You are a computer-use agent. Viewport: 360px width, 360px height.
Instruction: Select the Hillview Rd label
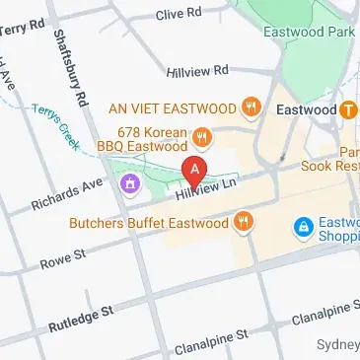(x=197, y=71)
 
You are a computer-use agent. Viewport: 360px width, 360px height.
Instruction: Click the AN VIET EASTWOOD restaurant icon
(x=254, y=108)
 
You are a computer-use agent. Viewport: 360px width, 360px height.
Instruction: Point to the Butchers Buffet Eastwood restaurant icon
(x=243, y=223)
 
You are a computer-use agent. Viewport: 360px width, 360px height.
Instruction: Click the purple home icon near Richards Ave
(x=130, y=183)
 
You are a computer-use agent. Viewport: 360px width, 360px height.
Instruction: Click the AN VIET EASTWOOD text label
(x=173, y=108)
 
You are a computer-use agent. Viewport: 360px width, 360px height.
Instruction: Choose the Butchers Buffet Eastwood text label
(x=148, y=223)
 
